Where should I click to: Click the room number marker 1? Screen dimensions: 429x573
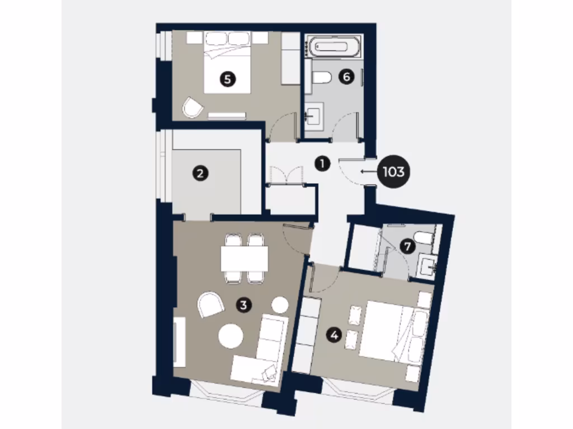(322, 164)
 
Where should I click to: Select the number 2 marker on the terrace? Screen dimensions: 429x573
(200, 173)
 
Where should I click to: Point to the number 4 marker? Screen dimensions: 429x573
(335, 336)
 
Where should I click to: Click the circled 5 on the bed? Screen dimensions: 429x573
(227, 79)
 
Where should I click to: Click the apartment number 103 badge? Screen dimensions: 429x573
(393, 172)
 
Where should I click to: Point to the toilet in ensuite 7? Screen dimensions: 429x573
(425, 239)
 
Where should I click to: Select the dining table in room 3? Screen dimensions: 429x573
(245, 259)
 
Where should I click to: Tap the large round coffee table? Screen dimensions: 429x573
(231, 336)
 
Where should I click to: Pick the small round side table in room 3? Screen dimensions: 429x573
(280, 305)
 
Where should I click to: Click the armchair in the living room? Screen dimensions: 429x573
(210, 305)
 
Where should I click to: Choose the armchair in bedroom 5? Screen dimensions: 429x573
(192, 107)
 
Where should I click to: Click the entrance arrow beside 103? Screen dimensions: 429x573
(368, 172)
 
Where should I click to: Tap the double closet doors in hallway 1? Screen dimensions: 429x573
(286, 175)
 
